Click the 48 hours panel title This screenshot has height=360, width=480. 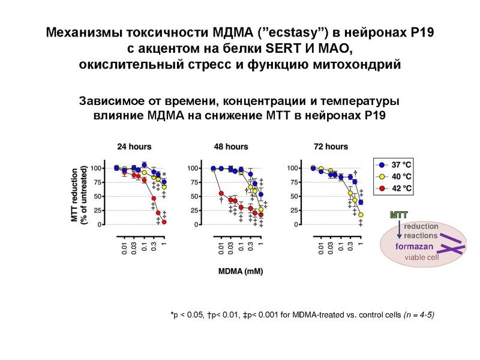pos(231,146)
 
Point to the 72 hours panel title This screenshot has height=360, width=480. pos(331,146)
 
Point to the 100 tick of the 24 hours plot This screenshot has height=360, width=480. pos(98,168)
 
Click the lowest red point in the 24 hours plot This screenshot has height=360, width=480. pos(164,222)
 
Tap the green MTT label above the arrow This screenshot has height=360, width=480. pos(399,214)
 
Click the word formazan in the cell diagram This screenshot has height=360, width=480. pos(412,247)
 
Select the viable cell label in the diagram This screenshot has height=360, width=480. pos(422,257)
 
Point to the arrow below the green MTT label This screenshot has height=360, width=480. pos(399,226)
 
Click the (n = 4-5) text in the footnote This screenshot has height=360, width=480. pos(412,314)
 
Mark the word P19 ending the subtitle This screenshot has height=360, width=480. pos(370,115)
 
